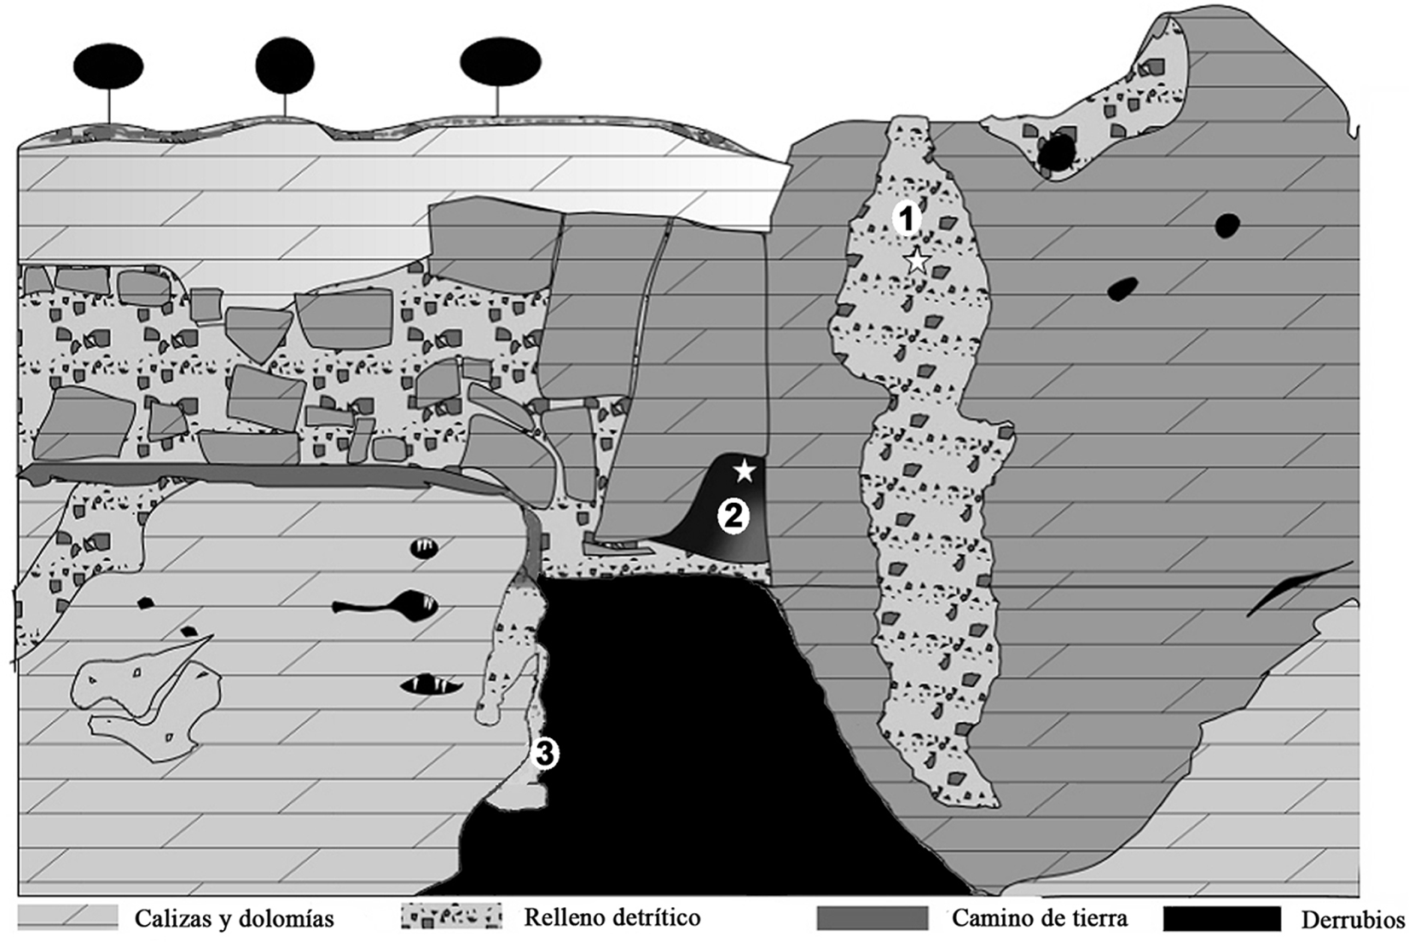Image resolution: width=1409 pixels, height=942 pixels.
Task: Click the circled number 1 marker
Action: click(907, 219)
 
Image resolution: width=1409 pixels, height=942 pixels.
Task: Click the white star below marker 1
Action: click(918, 260)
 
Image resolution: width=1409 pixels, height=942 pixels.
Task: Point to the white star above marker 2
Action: click(744, 471)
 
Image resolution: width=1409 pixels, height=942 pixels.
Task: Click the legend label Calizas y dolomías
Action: click(234, 919)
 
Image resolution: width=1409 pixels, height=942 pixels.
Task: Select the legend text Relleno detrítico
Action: click(612, 917)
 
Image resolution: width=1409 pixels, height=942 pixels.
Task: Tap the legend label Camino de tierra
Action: click(1040, 917)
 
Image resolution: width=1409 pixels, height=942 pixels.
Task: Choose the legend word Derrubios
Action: click(1353, 920)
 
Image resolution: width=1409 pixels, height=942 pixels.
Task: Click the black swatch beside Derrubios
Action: click(1221, 918)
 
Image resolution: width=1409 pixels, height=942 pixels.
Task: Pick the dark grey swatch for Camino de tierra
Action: click(873, 918)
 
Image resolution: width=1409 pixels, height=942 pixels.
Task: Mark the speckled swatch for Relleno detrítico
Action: click(452, 916)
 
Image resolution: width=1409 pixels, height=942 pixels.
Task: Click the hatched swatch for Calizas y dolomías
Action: click(68, 917)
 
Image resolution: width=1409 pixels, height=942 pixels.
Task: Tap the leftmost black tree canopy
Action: click(108, 66)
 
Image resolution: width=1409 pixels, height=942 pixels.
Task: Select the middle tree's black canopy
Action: click(285, 66)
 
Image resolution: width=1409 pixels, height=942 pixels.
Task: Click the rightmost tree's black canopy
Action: click(500, 61)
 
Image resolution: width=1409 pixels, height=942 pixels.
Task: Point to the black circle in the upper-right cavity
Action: click(1056, 153)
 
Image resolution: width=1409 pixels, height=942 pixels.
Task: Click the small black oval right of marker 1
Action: click(1227, 226)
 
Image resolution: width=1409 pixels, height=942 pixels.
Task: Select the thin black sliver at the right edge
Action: click(1299, 587)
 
